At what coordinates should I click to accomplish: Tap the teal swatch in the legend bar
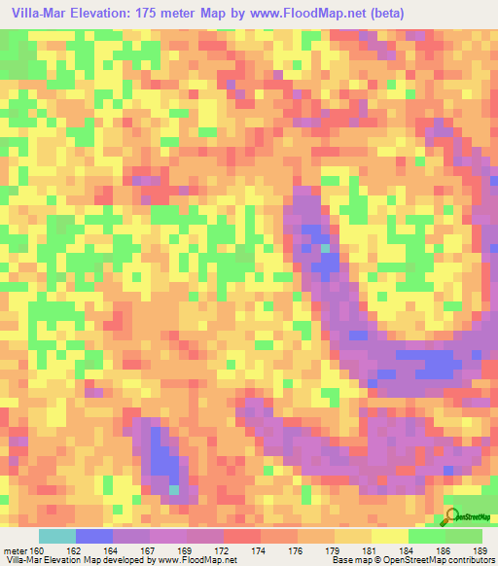click(x=56, y=536)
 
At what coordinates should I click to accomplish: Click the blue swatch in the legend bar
click(x=94, y=536)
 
